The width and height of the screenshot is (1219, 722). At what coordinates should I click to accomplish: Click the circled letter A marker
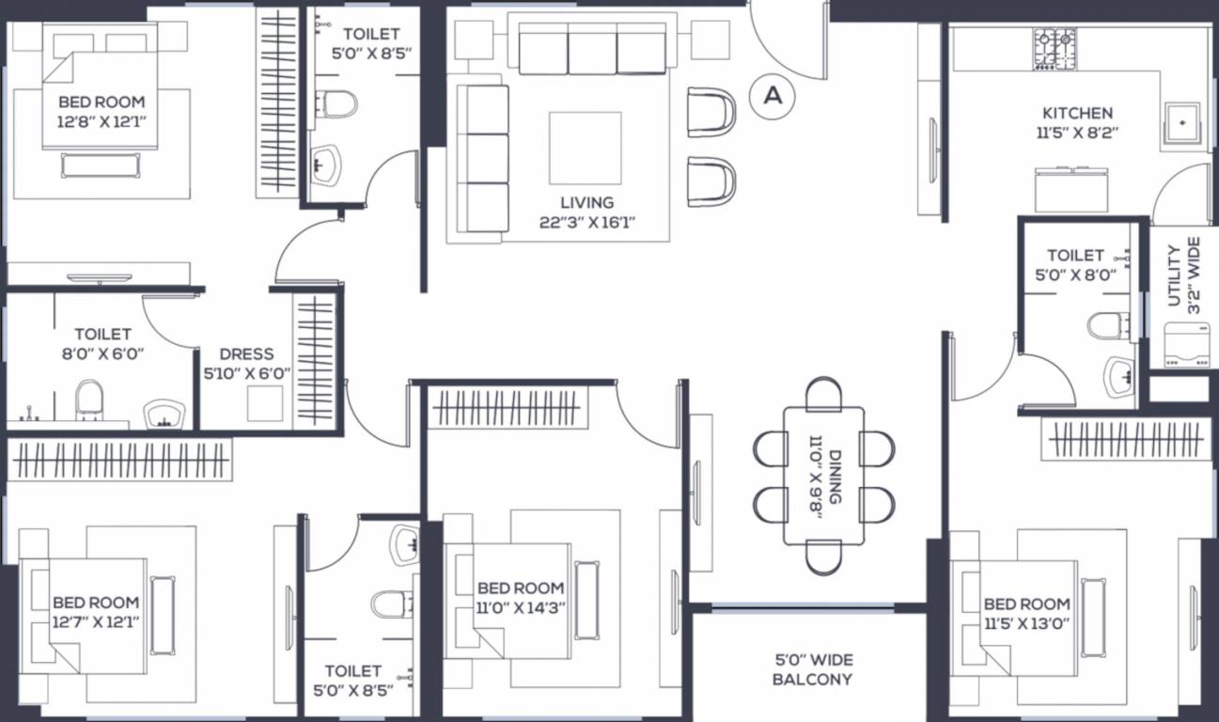click(x=773, y=95)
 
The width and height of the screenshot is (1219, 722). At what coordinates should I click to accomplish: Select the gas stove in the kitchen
click(x=1055, y=50)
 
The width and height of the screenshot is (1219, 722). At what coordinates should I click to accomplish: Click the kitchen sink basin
click(x=1181, y=122)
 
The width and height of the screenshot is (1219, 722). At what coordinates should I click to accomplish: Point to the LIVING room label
click(x=586, y=202)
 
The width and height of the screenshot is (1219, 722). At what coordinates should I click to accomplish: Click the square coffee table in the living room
click(x=585, y=148)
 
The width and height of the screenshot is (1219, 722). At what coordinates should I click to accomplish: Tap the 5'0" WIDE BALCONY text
click(x=812, y=669)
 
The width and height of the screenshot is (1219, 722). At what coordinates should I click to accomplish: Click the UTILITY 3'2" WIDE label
click(x=1183, y=275)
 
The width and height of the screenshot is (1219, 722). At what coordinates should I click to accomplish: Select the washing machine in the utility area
click(x=1183, y=346)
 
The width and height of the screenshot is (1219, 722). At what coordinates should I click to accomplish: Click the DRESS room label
click(x=246, y=354)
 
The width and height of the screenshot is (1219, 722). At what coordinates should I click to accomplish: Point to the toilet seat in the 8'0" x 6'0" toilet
click(x=88, y=400)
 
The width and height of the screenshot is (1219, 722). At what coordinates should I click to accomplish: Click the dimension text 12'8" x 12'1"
click(x=102, y=119)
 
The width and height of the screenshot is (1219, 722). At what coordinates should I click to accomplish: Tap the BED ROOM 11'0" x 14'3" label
click(x=521, y=598)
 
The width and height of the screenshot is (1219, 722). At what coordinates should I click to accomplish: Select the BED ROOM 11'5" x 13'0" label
click(x=1026, y=613)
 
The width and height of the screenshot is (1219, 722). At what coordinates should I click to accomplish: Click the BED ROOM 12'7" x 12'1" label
click(x=95, y=611)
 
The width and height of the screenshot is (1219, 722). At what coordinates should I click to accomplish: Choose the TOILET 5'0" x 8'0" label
click(x=1075, y=264)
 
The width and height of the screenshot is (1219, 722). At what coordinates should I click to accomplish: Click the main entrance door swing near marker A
click(x=789, y=42)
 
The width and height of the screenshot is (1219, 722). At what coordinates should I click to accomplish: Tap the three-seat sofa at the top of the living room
click(x=592, y=51)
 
